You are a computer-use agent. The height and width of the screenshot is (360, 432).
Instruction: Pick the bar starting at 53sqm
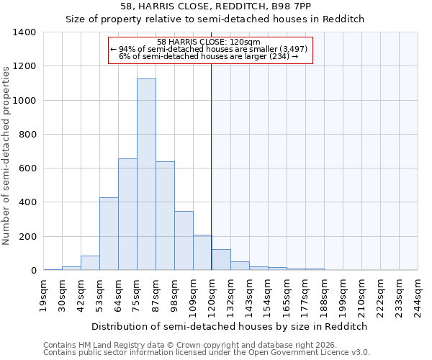[109, 234]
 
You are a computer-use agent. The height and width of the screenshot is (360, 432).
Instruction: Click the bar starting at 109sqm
[202, 253]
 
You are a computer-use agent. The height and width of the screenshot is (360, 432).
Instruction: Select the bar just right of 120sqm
[221, 260]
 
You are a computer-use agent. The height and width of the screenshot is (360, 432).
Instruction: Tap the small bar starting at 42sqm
[90, 264]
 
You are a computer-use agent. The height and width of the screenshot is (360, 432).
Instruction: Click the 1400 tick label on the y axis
[24, 32]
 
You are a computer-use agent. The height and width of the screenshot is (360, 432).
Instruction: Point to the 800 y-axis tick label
[27, 135]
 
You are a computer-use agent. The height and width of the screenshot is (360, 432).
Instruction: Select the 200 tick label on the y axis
[27, 237]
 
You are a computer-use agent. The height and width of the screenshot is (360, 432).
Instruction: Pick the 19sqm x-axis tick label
[44, 294]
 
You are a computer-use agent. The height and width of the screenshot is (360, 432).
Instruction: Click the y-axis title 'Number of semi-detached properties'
[7, 155]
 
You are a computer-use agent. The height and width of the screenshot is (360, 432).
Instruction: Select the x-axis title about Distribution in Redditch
[230, 326]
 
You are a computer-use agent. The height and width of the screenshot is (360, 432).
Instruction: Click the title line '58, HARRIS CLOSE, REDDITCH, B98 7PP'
[216, 6]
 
